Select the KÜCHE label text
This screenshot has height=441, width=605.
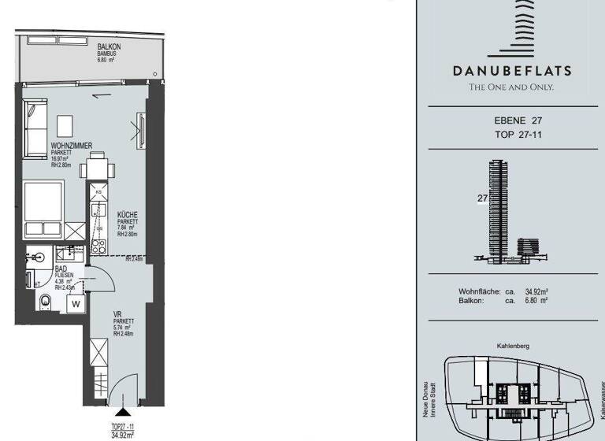click(x=129, y=214)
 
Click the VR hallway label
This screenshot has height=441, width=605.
click(x=117, y=313)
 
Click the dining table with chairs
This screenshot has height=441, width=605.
click(x=98, y=168)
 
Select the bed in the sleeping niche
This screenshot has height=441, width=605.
click(x=43, y=207)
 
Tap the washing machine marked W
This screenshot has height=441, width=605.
click(x=76, y=302)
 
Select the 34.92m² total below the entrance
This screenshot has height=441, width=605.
click(x=121, y=433)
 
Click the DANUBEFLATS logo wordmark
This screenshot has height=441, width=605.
click(x=512, y=70)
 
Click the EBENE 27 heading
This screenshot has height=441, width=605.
click(x=512, y=120)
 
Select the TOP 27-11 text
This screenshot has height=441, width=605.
click(x=512, y=135)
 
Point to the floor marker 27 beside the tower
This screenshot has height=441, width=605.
click(x=482, y=198)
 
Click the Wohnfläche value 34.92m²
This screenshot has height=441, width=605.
click(x=536, y=291)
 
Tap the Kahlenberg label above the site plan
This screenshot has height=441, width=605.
click(x=512, y=346)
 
